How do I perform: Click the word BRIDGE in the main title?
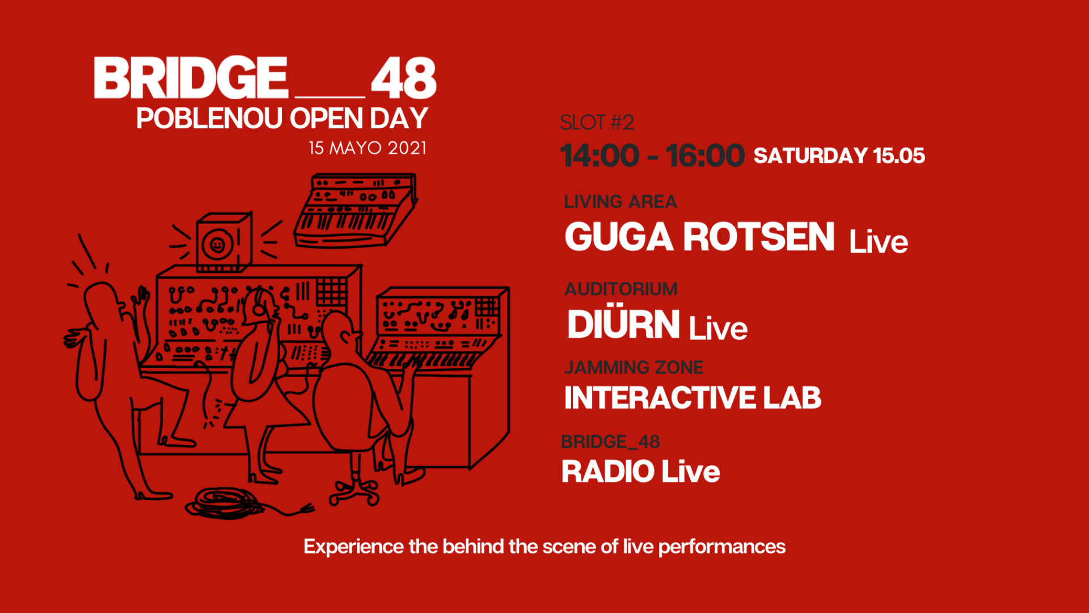tap(191, 78)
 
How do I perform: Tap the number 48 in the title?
tap(403, 78)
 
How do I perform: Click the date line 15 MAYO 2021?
tap(367, 148)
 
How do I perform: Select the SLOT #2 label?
tap(597, 123)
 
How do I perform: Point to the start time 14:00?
tap(600, 156)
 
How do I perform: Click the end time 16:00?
tap(705, 156)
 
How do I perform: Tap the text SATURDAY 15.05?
tap(839, 156)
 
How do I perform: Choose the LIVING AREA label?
tap(620, 201)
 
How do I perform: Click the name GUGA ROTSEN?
tap(699, 237)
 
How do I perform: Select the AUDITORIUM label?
tap(621, 289)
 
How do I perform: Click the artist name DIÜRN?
tap(623, 324)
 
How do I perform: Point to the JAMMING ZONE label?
tap(634, 367)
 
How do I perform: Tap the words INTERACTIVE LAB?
tap(693, 397)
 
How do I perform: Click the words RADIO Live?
tap(640, 472)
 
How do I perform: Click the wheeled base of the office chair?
tap(354, 492)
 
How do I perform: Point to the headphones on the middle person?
tap(258, 304)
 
